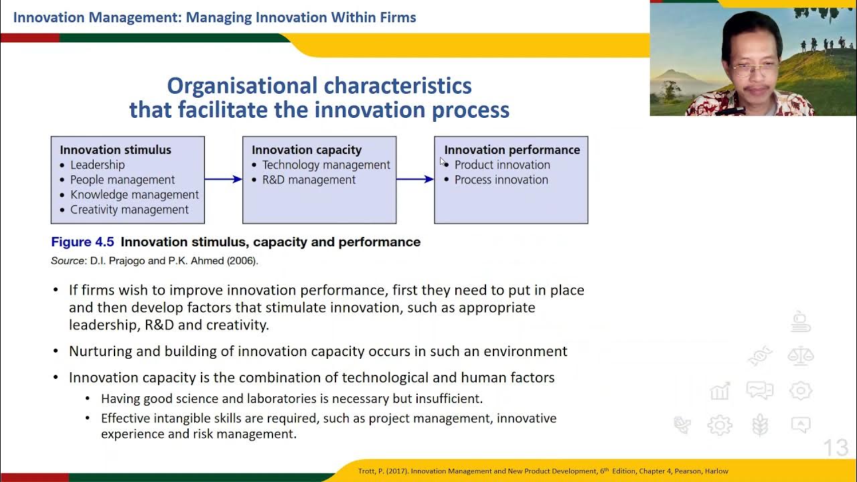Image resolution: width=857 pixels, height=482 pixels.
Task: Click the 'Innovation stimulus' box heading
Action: coord(115,150)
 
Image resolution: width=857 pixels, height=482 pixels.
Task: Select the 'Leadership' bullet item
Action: coord(97,165)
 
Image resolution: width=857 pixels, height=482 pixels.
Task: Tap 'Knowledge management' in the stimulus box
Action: coord(135,195)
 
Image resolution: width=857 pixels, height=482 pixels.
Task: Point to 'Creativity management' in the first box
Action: coord(129,210)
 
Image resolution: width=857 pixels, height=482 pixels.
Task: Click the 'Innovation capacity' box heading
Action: coord(307,150)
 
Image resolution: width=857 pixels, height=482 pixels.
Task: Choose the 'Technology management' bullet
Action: coord(326,165)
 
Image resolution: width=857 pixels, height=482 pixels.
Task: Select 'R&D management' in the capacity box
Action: coord(309,180)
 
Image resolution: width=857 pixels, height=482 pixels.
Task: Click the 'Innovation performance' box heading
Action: coord(512,150)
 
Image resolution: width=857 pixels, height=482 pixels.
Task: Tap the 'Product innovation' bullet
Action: coord(502,165)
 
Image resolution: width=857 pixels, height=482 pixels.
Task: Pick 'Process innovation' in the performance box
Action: coord(501,180)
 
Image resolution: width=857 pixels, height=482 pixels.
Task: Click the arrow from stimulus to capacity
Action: coord(224,179)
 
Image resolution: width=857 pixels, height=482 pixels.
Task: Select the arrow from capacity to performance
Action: coord(415,179)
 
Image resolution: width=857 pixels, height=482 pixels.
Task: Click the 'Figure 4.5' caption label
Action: coord(82,242)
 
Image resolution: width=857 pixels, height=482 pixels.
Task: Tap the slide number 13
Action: coord(836,448)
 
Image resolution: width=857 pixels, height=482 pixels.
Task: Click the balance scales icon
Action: coord(801,355)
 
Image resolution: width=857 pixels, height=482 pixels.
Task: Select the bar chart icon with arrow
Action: coord(720,391)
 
